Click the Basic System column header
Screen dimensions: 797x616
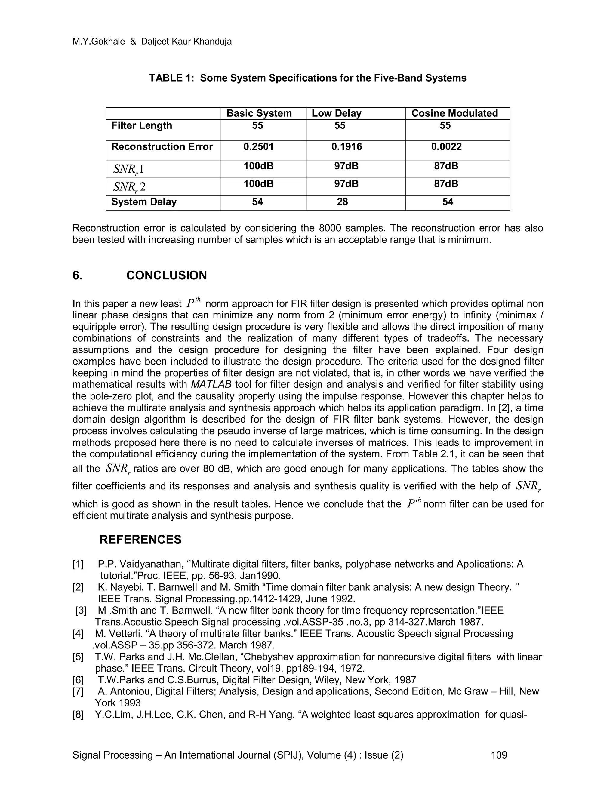click(259, 113)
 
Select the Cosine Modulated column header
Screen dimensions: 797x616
click(454, 113)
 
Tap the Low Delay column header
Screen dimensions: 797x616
click(336, 113)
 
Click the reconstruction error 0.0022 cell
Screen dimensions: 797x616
click(446, 147)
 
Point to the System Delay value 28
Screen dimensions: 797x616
click(342, 202)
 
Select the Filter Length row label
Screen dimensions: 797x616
click(142, 125)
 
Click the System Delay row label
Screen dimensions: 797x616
click(144, 202)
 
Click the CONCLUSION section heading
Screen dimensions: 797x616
click(166, 275)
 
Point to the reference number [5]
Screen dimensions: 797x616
click(78, 657)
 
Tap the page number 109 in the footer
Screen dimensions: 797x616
click(499, 755)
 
